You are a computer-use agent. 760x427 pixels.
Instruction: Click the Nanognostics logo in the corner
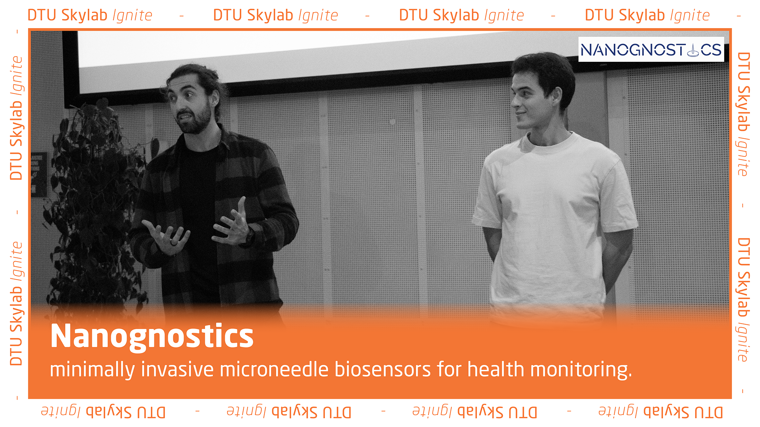pos(651,49)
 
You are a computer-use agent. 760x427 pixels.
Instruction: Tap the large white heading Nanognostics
pos(152,336)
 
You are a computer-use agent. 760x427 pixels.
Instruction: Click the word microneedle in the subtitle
pos(274,369)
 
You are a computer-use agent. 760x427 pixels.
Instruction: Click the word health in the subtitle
pos(496,369)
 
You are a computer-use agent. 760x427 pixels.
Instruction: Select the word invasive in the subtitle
pos(177,369)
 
